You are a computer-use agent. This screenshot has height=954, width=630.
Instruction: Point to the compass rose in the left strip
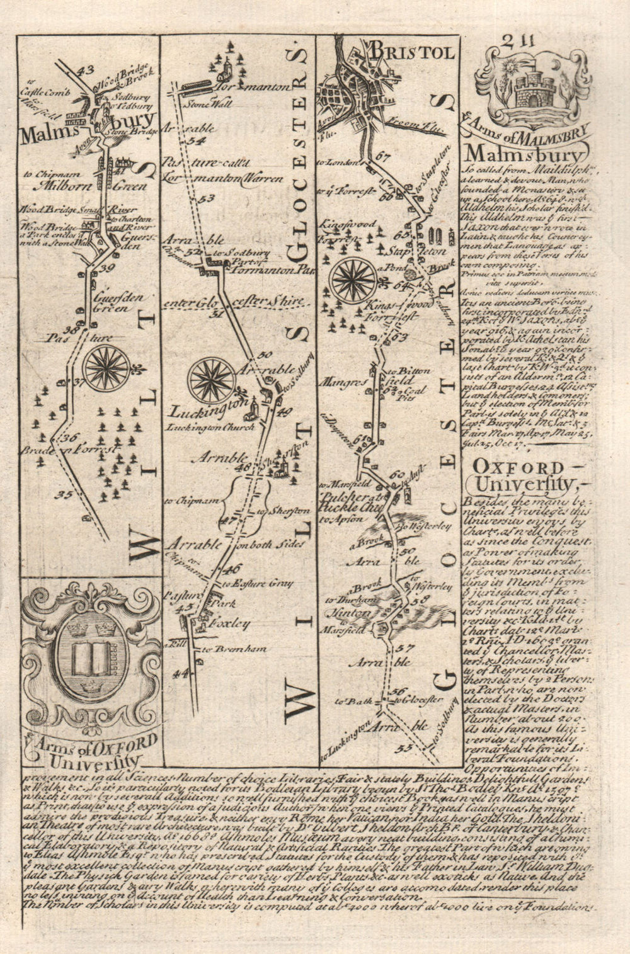[x=105, y=367]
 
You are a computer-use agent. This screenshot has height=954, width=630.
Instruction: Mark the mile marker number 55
[x=404, y=748]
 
